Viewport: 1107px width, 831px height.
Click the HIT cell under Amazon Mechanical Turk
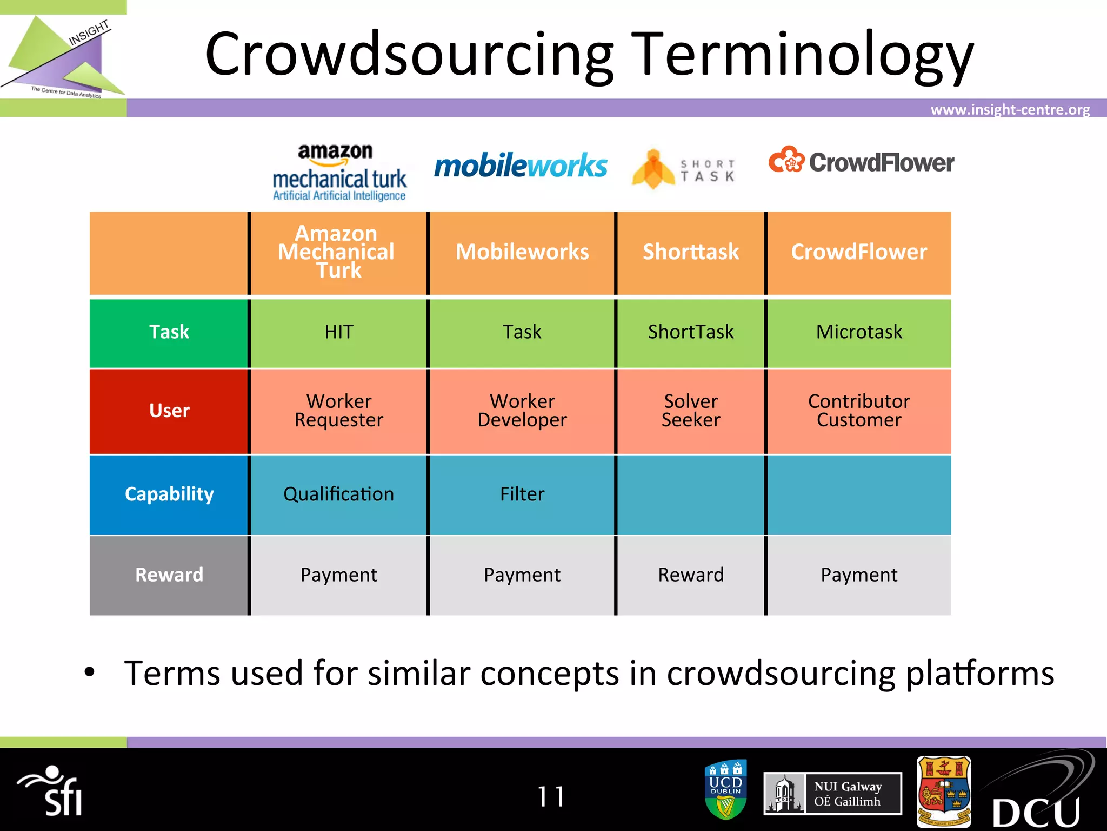click(x=339, y=332)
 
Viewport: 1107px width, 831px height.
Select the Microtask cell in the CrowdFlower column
click(x=859, y=332)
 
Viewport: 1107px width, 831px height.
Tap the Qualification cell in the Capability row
click(x=339, y=494)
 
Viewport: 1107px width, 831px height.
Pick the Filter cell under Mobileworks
click(x=522, y=494)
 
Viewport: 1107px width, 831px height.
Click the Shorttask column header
click(x=691, y=252)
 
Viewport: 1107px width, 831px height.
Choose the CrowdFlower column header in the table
click(x=859, y=252)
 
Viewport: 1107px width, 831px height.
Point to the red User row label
click(x=169, y=411)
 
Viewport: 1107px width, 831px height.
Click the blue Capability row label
click(x=169, y=494)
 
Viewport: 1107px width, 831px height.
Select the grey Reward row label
click(x=169, y=575)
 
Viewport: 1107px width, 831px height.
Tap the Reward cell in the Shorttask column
click(x=691, y=575)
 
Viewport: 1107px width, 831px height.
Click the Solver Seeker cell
click(x=691, y=411)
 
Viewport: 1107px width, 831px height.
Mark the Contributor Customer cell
click(x=859, y=411)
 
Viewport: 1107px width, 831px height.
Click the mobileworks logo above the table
click(x=521, y=166)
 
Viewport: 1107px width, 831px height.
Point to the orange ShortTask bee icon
click(x=653, y=169)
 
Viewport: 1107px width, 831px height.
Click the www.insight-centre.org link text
click(x=1010, y=110)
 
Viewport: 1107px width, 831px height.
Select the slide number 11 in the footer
click(x=551, y=796)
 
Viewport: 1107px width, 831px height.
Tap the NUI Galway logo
click(x=832, y=794)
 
